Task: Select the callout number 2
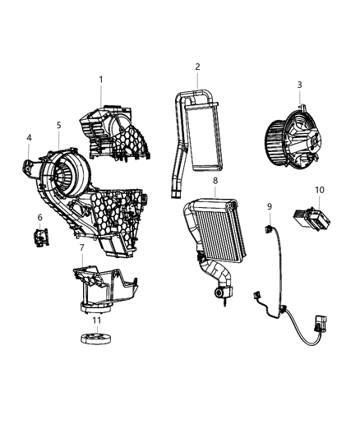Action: [197, 67]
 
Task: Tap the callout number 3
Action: [299, 85]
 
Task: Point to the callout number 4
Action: [29, 139]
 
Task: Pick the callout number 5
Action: [58, 125]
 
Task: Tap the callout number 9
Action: [269, 205]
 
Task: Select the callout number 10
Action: [319, 190]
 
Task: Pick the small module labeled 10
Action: [312, 221]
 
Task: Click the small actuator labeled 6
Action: [38, 237]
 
